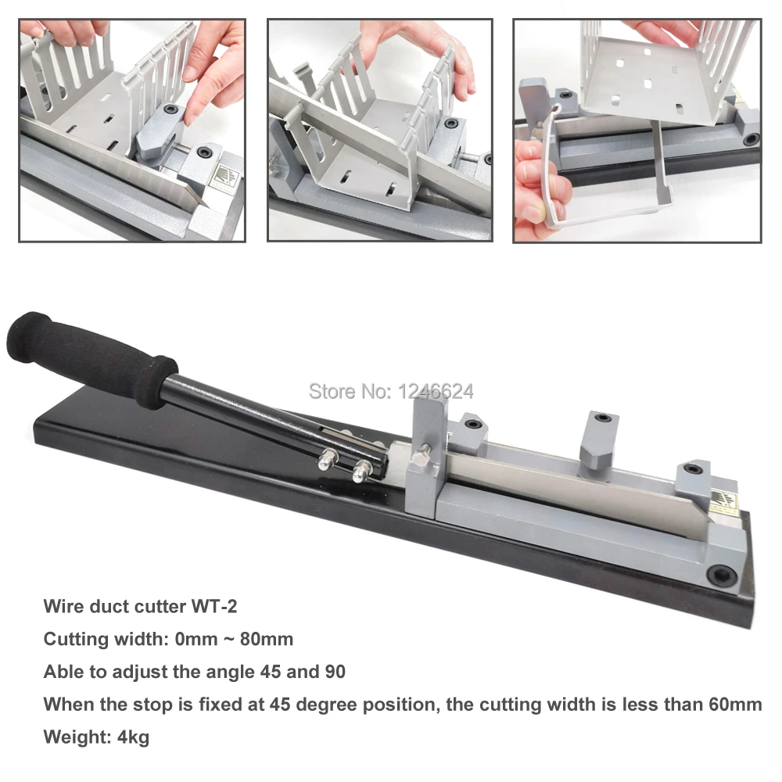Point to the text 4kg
pyautogui.click(x=131, y=737)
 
